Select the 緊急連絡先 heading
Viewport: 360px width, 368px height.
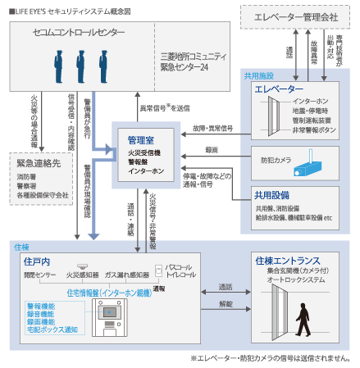click(34, 162)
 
